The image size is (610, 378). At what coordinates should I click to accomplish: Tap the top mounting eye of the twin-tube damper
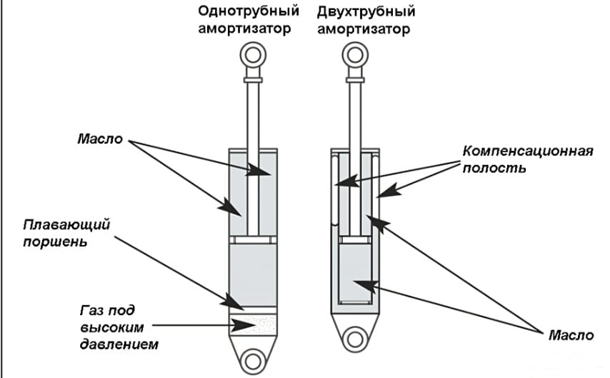354,54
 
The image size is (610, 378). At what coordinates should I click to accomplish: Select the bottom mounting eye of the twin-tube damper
354,338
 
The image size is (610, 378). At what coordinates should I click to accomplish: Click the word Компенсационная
528,151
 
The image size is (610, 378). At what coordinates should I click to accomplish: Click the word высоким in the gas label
111,327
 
